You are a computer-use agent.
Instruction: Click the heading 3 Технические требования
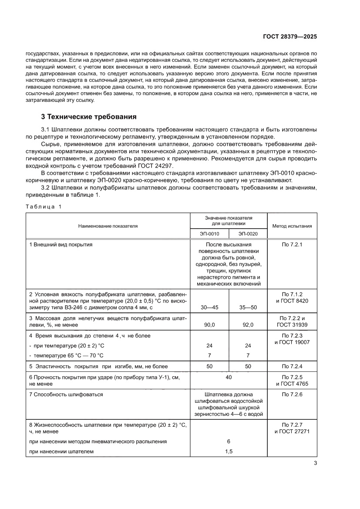(89, 117)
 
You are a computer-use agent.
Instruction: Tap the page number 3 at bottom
(315, 463)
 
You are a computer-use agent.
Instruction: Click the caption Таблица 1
(44, 207)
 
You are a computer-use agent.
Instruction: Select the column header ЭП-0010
(209, 234)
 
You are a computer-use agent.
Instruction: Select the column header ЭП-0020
(248, 234)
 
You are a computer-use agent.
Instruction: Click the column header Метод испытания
(292, 226)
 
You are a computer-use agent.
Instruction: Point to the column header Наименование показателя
(108, 226)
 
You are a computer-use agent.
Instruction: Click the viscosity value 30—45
(209, 307)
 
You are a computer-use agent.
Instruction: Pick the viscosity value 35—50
(248, 307)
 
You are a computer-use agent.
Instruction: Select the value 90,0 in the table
(209, 325)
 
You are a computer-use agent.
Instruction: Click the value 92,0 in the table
(248, 325)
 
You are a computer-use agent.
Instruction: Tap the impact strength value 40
(229, 377)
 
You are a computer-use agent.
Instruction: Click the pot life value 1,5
(229, 452)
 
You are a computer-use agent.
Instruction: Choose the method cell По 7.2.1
(292, 245)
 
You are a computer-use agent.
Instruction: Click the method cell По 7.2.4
(292, 367)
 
